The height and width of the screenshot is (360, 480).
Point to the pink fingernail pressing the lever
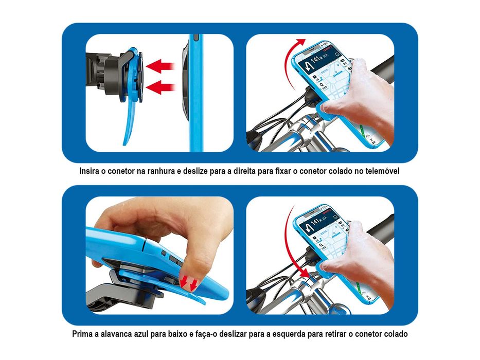[189, 278]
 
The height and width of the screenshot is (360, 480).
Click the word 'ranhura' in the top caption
[159, 170]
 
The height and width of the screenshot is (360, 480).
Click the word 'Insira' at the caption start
[91, 170]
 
